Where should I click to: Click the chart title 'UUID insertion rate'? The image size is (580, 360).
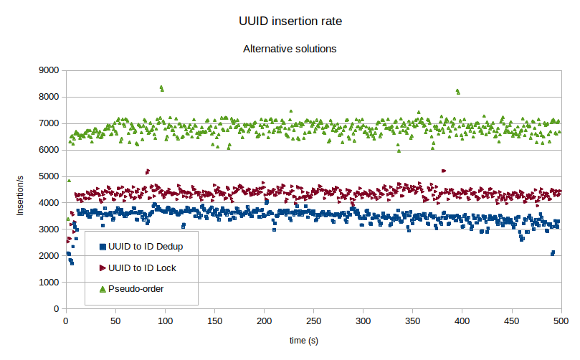[x=290, y=22]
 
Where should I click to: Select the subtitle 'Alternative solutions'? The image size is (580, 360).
[x=290, y=49]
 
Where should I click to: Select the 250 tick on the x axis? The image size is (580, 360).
[x=314, y=321]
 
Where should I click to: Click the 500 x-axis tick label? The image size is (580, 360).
[x=561, y=321]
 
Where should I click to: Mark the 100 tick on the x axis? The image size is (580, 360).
[x=165, y=321]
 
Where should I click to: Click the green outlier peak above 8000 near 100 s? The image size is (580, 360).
[x=161, y=87]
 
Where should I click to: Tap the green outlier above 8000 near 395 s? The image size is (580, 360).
[x=457, y=91]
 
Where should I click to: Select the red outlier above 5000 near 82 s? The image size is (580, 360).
[x=147, y=171]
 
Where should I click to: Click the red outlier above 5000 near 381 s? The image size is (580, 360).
[x=444, y=171]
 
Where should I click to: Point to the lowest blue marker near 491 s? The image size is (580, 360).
[x=552, y=253]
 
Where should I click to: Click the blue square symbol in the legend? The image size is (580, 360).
[x=102, y=247]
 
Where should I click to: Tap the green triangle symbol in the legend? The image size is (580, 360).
[x=102, y=289]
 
